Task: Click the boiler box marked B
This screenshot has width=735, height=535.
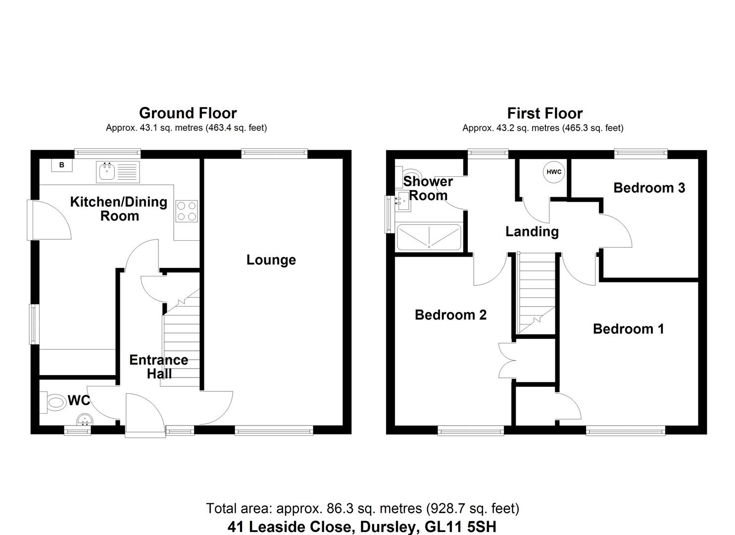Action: (x=62, y=165)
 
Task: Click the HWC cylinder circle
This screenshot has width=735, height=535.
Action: (x=554, y=172)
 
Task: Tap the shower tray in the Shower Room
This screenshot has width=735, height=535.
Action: (x=429, y=237)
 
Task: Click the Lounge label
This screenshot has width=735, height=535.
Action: (x=271, y=260)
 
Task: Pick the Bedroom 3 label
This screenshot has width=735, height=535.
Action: (x=649, y=188)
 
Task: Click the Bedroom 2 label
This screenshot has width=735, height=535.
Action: (x=450, y=315)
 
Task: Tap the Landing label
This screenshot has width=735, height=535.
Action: (x=532, y=231)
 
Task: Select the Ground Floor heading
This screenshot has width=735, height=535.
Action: (x=188, y=113)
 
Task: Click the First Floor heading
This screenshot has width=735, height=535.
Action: (x=544, y=113)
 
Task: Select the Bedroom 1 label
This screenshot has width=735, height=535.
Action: (x=628, y=329)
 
